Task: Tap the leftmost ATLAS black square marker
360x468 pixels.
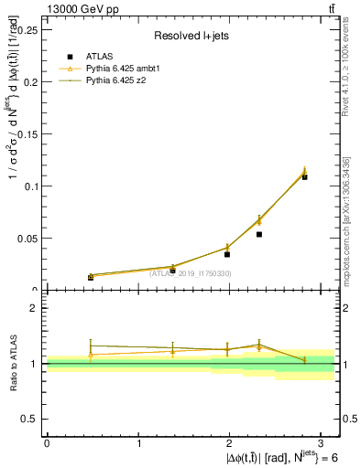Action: [91, 277]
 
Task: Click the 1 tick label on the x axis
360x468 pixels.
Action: [138, 442]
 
